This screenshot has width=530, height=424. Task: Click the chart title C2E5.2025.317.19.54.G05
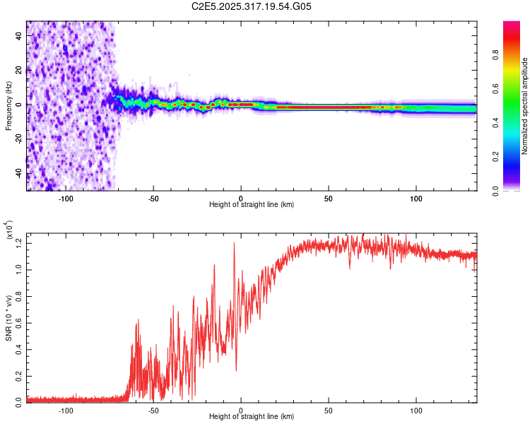tap(252, 7)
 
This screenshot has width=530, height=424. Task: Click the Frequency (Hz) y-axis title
tap(8, 105)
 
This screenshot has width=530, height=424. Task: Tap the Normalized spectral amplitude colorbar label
tap(525, 106)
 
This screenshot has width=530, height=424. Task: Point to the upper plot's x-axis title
tap(252, 204)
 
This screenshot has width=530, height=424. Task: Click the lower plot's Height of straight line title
tap(252, 416)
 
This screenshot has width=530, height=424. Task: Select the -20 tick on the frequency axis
tap(17, 139)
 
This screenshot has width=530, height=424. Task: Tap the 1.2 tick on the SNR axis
tap(18, 243)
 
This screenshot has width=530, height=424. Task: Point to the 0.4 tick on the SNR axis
tap(18, 348)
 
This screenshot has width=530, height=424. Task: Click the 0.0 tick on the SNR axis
tap(18, 401)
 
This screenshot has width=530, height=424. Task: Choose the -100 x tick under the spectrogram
tap(66, 197)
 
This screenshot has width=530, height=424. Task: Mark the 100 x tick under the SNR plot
tap(416, 409)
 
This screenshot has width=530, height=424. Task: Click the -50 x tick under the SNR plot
tap(153, 409)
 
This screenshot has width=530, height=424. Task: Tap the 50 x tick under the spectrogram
tap(329, 197)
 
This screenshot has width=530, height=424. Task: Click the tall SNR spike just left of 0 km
tap(234, 245)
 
